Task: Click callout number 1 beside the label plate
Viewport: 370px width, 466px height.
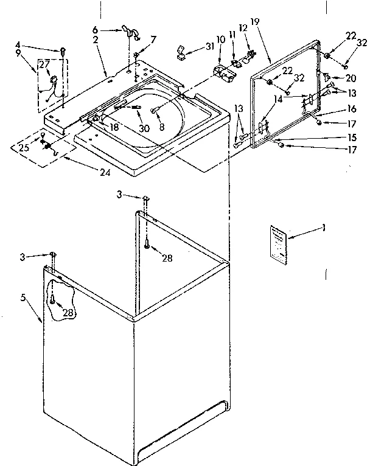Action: click(324, 228)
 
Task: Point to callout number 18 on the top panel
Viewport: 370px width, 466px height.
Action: click(113, 127)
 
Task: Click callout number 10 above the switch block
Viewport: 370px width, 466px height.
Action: click(220, 39)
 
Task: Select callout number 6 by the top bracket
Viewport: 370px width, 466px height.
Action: click(95, 29)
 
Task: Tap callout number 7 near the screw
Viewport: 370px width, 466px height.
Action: click(153, 40)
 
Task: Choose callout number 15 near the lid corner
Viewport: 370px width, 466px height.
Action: click(351, 137)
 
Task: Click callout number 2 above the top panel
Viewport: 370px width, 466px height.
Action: click(96, 40)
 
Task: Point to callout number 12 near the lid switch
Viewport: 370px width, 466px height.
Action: click(243, 28)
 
